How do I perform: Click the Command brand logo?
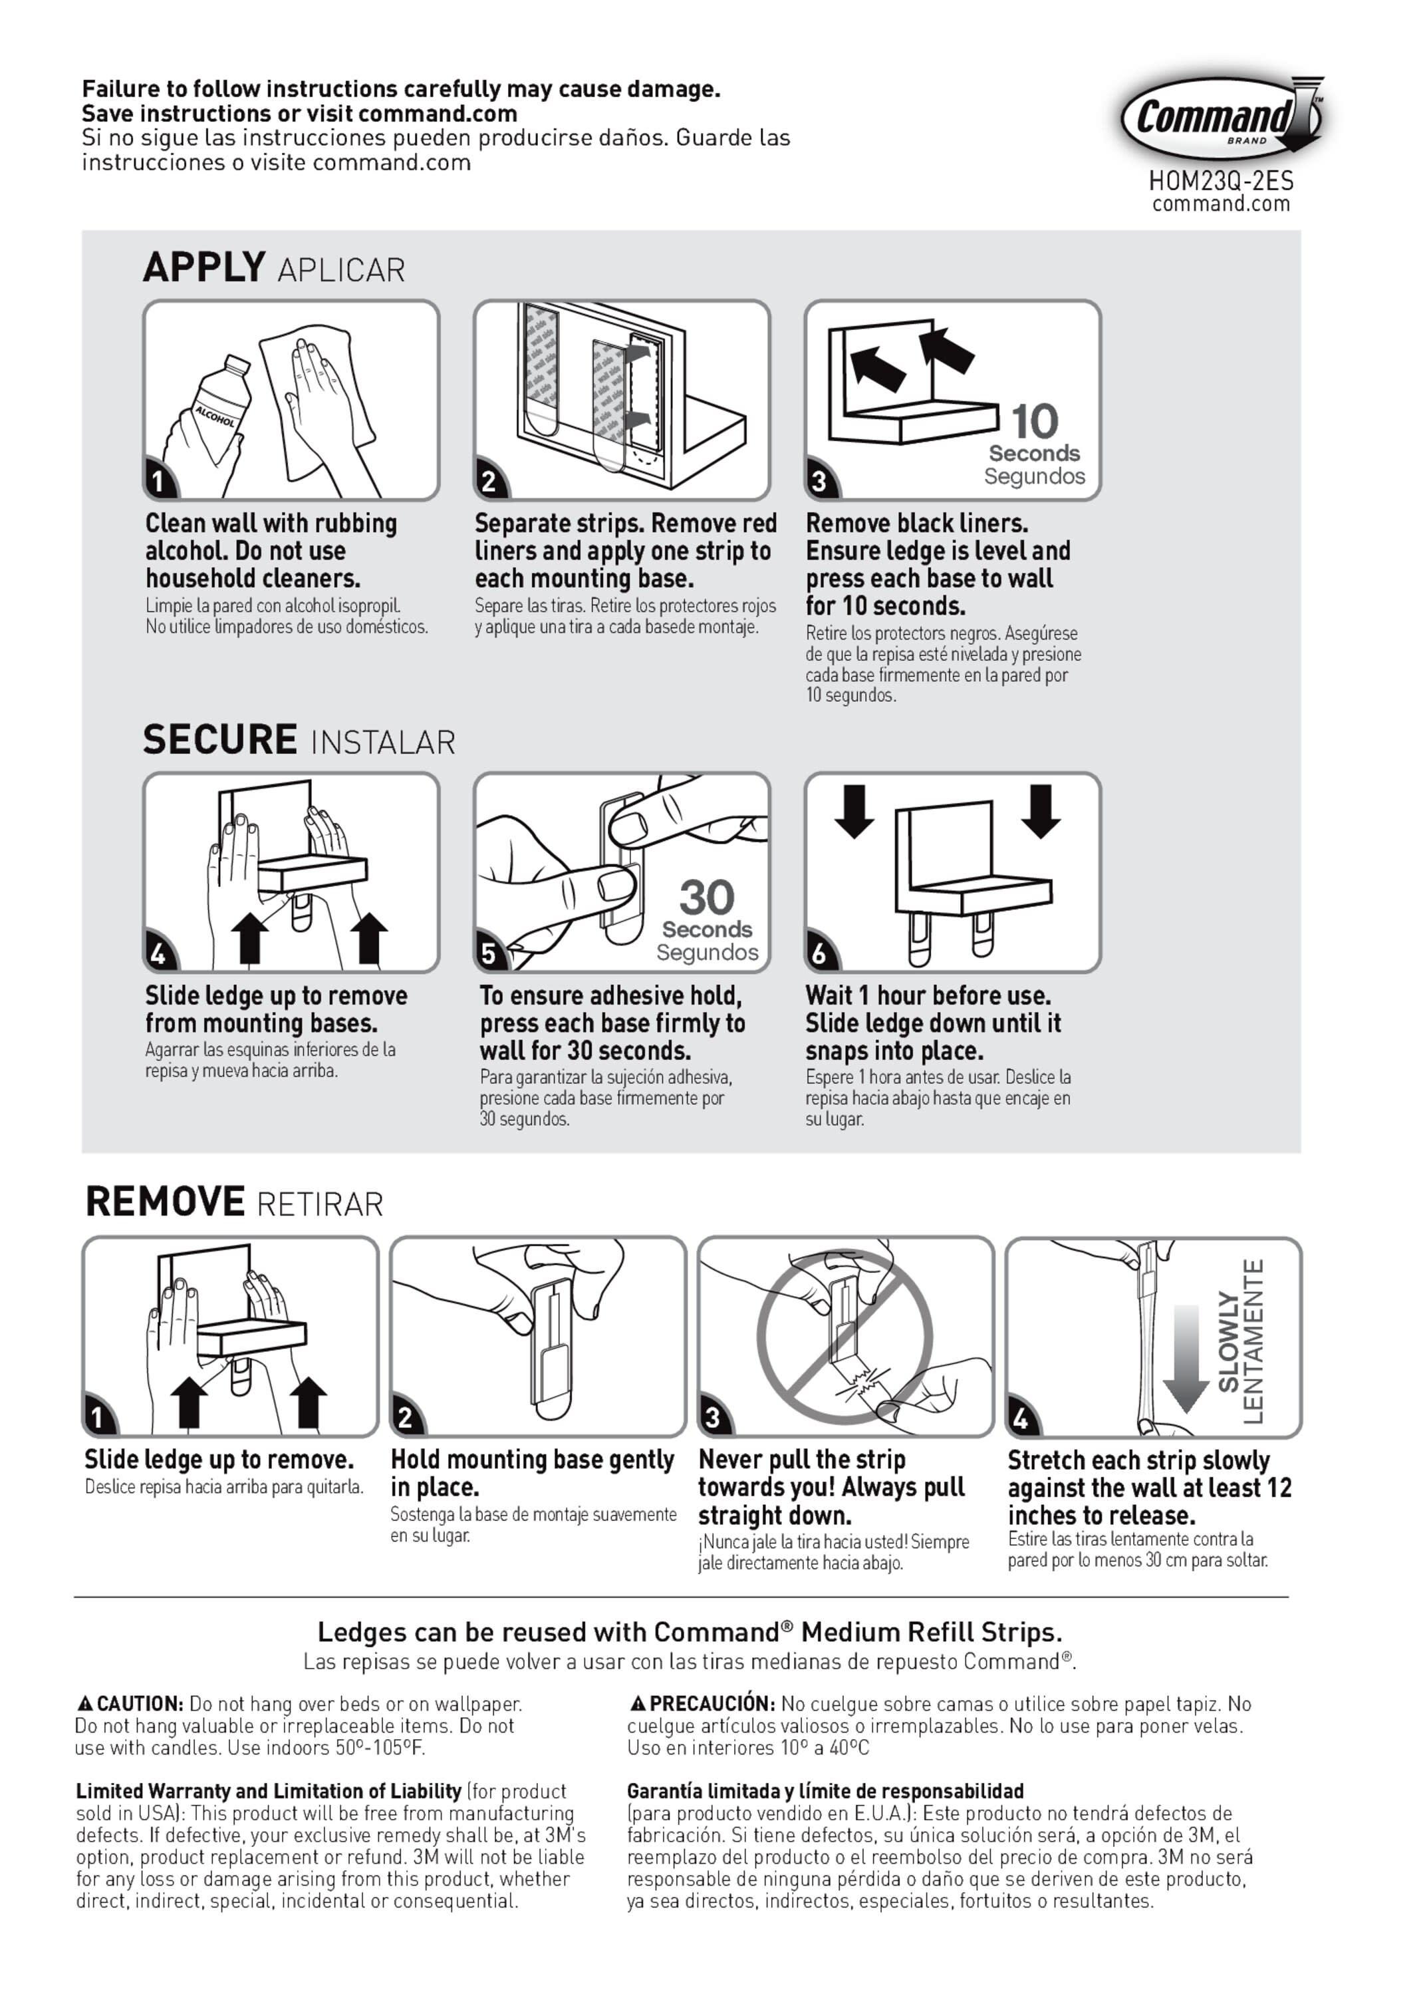(1220, 116)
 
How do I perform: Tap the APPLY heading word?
(203, 267)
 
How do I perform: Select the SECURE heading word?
(219, 740)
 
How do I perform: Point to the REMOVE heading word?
(165, 1202)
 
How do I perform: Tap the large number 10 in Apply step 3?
(1035, 421)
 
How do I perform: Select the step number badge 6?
(819, 953)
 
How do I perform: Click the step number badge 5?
(489, 953)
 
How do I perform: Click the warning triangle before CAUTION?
(85, 1704)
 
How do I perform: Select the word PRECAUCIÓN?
(712, 1704)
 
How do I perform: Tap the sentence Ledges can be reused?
(690, 1633)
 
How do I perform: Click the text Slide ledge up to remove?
(219, 1460)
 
